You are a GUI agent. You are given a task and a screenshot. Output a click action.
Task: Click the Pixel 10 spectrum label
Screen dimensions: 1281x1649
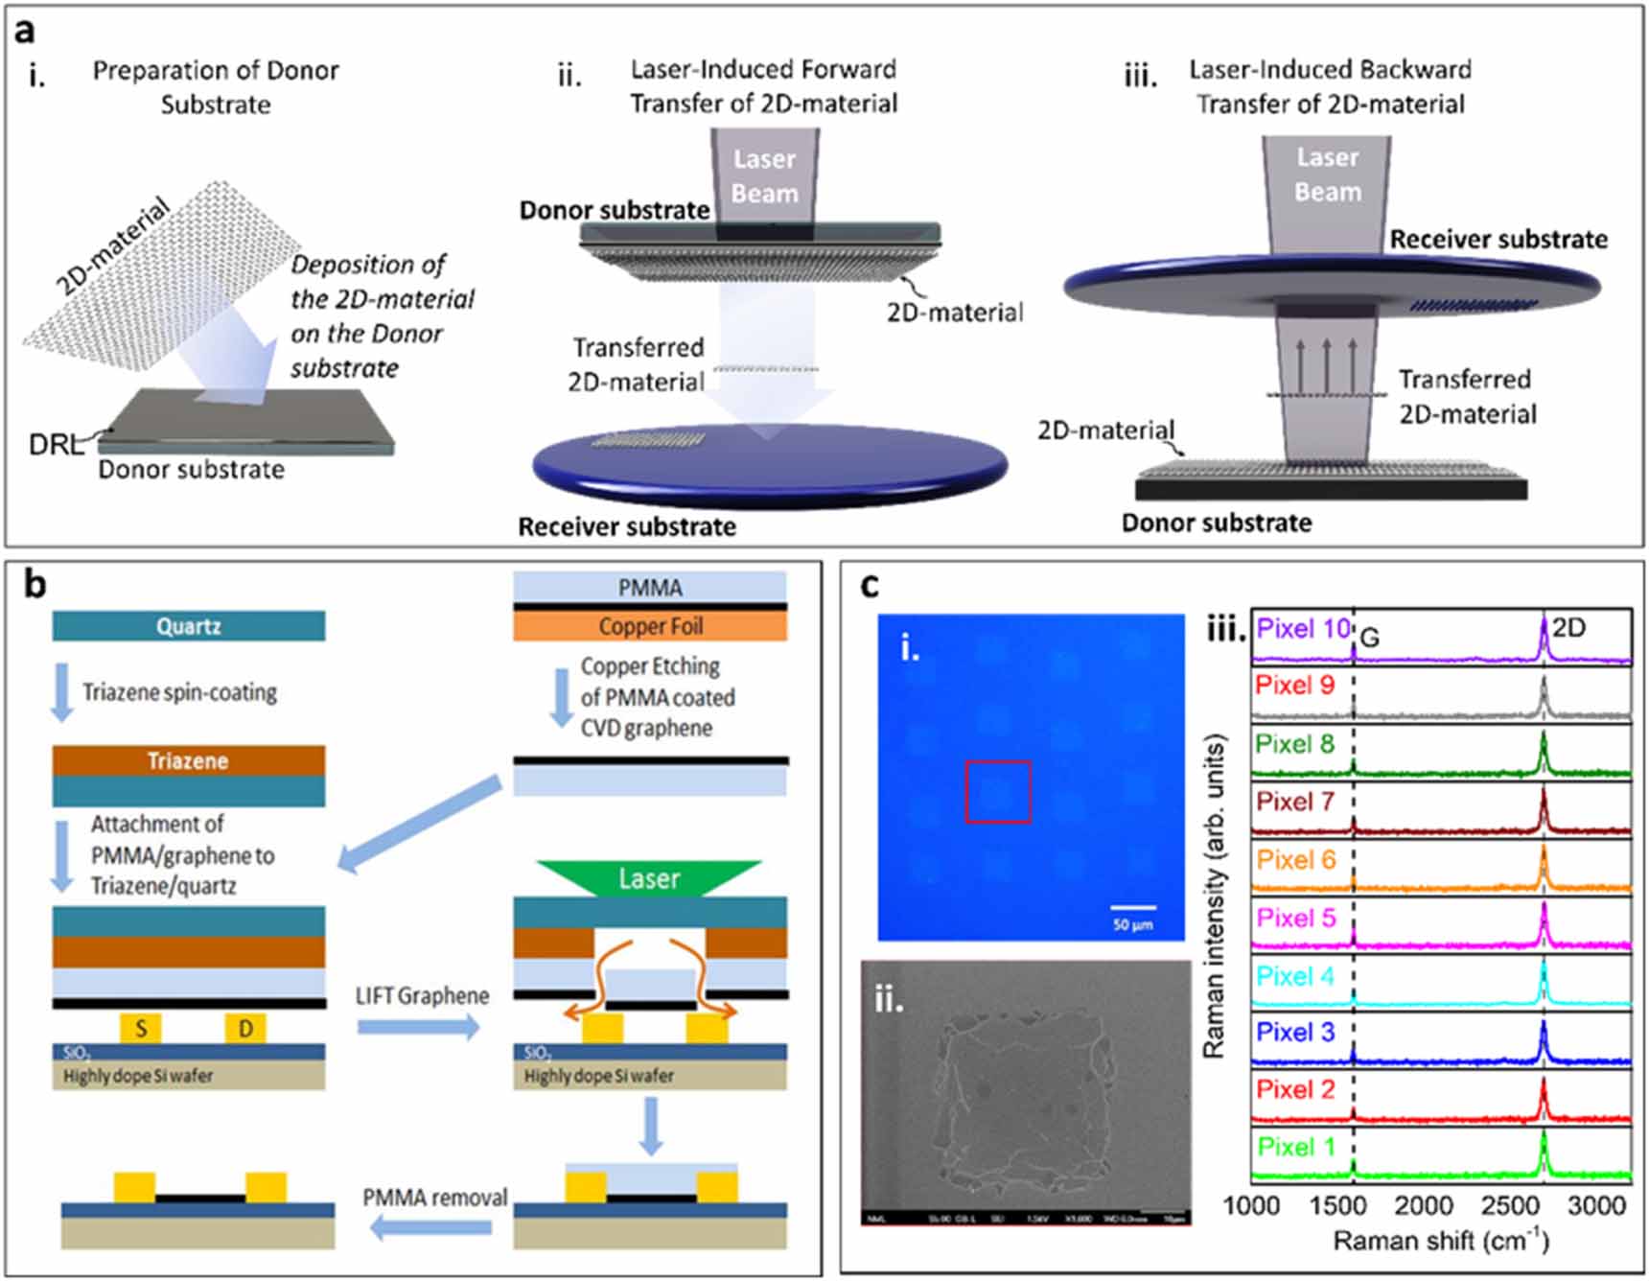tap(1302, 629)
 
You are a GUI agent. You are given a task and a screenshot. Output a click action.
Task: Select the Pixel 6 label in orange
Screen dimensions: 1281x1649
tap(1295, 860)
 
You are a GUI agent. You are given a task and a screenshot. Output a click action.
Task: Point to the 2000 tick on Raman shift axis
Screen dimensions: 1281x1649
tap(1423, 1205)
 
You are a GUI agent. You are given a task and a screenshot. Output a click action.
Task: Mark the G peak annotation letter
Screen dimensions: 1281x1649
tap(1370, 639)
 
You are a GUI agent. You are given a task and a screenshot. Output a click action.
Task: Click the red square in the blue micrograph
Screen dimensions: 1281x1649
tap(998, 792)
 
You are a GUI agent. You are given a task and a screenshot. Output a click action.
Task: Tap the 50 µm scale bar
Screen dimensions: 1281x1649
tap(1133, 907)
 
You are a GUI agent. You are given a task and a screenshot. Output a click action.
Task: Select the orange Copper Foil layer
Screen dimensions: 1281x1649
tap(650, 627)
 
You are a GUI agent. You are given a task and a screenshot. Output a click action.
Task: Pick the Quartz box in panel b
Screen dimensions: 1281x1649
tap(189, 627)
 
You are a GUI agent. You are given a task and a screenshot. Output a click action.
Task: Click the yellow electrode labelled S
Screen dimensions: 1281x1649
tap(141, 1029)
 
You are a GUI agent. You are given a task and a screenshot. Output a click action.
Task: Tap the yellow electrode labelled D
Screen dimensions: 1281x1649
tap(245, 1029)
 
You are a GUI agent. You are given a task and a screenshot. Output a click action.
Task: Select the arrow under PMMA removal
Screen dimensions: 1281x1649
tap(431, 1227)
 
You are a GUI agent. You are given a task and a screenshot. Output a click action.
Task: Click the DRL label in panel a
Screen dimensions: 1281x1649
tap(55, 445)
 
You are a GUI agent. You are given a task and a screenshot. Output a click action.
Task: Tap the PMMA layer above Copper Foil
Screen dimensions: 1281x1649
tap(650, 587)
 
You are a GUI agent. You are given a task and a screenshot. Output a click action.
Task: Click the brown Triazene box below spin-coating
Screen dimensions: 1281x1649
tap(189, 761)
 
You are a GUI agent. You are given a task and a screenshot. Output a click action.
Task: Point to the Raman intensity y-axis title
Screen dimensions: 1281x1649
tap(1214, 897)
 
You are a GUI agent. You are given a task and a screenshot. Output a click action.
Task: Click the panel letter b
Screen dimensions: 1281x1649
tap(35, 583)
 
